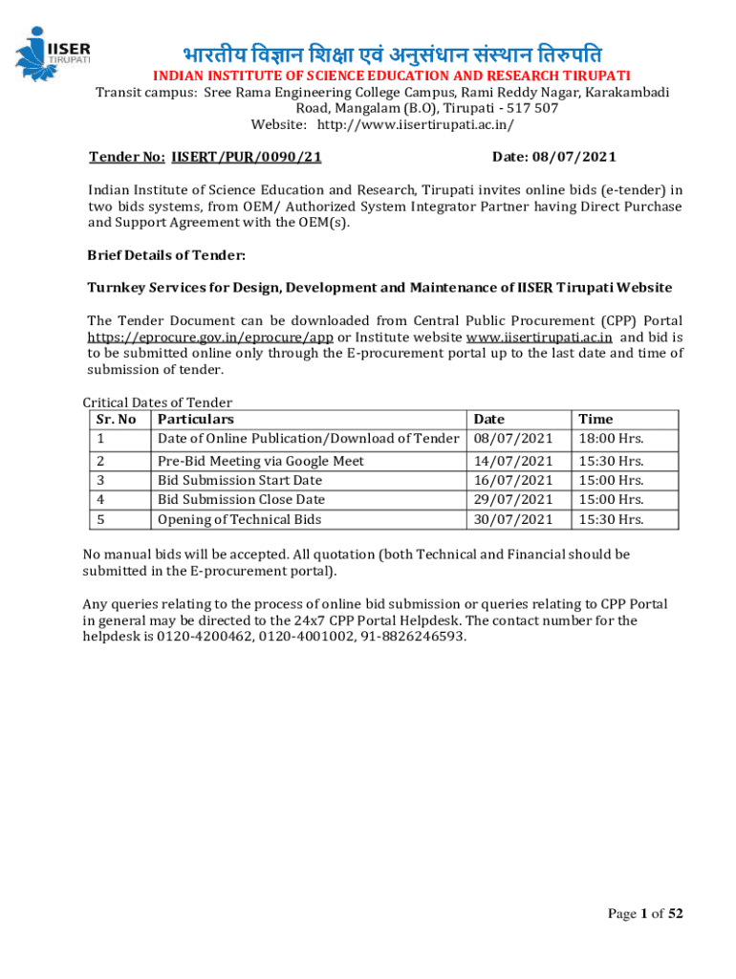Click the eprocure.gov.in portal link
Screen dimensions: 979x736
(210, 337)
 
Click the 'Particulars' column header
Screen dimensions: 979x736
(195, 419)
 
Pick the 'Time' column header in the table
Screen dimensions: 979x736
(595, 419)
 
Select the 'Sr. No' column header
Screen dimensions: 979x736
(117, 419)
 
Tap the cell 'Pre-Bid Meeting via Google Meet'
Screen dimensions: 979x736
(260, 461)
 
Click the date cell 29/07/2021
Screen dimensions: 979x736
(513, 500)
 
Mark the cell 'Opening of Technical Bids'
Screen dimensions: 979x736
(239, 520)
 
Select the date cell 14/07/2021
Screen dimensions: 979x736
(513, 461)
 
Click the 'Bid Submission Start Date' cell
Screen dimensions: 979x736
(239, 480)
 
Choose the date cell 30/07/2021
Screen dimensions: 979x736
(513, 520)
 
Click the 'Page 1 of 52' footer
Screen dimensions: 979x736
(645, 913)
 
